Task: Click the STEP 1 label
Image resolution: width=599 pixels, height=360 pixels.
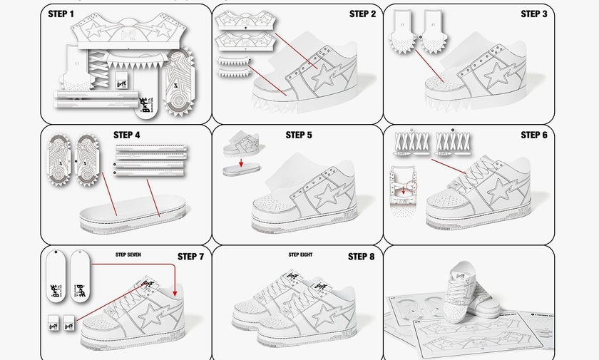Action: coord(61,14)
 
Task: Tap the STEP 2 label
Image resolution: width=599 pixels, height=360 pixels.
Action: coord(362,14)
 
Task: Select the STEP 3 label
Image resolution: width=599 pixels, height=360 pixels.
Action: coord(534,14)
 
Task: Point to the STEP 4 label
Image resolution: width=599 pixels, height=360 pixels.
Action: coord(127,135)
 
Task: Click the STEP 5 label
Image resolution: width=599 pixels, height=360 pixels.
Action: coord(299,135)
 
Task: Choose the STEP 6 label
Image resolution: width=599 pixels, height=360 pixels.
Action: coord(534,135)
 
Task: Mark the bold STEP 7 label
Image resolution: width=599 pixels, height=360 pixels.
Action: coord(190,257)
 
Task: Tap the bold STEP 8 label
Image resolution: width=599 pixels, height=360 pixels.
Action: coord(362,257)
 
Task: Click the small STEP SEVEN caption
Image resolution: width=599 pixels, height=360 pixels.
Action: coord(129,254)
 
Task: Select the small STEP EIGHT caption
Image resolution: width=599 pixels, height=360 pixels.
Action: coord(300,254)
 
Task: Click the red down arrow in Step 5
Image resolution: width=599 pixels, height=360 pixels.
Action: coord(241,163)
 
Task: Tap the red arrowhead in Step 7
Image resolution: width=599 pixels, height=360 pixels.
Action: coord(175,292)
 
